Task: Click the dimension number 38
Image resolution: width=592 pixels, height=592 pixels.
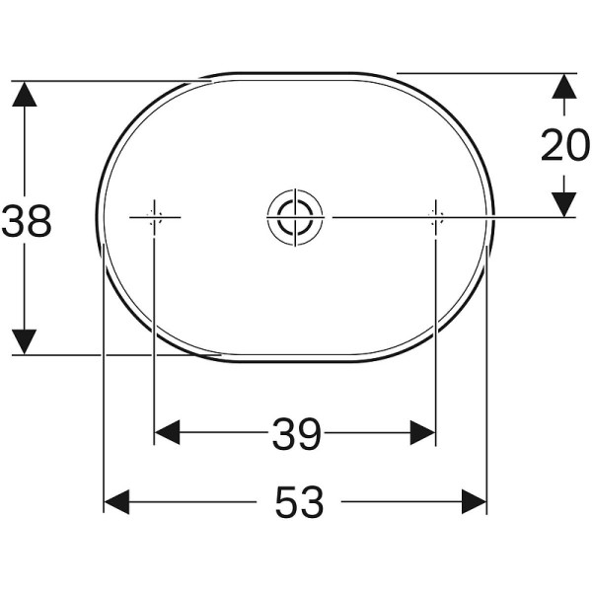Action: click(27, 221)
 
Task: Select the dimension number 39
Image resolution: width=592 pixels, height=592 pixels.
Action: click(296, 433)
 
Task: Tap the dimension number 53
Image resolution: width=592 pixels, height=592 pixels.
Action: click(299, 503)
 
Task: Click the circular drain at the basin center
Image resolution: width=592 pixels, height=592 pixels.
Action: click(293, 215)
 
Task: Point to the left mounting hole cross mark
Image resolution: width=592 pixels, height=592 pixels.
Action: click(154, 216)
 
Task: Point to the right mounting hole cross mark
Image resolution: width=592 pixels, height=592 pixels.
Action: click(435, 215)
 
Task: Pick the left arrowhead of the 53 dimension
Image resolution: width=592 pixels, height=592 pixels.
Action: click(117, 502)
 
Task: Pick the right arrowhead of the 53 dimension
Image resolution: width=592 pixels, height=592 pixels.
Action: click(475, 502)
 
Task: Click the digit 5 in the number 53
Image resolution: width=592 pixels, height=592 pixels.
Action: click(285, 503)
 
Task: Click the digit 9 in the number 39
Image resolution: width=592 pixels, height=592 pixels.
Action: click(309, 433)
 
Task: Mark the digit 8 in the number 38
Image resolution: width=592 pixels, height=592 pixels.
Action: click(39, 221)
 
